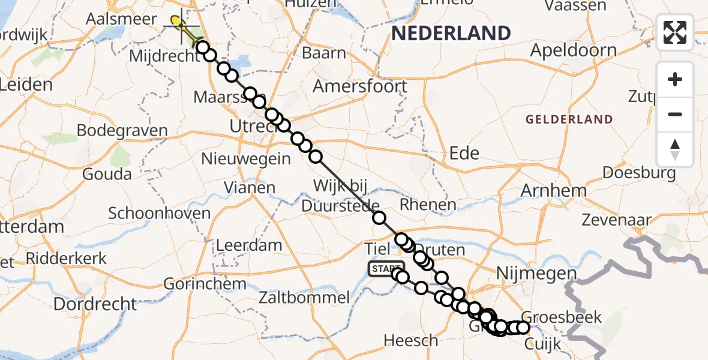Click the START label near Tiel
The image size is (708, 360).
[386, 269]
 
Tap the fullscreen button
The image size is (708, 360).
[675, 32]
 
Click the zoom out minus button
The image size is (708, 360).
[675, 114]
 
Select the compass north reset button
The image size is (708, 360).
[675, 149]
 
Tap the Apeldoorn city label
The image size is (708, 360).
[574, 50]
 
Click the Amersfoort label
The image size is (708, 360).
[359, 86]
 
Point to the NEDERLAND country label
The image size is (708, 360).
[451, 33]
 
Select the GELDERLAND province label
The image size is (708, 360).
[569, 119]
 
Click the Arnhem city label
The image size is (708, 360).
[554, 191]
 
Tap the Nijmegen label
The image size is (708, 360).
[537, 274]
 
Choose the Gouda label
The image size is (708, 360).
[108, 174]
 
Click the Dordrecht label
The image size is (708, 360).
[95, 304]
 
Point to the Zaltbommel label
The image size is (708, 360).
[304, 297]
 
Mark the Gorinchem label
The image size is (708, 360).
[205, 283]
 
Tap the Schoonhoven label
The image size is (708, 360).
[160, 213]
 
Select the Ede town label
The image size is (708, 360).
[464, 154]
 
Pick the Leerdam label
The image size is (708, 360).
[249, 245]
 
